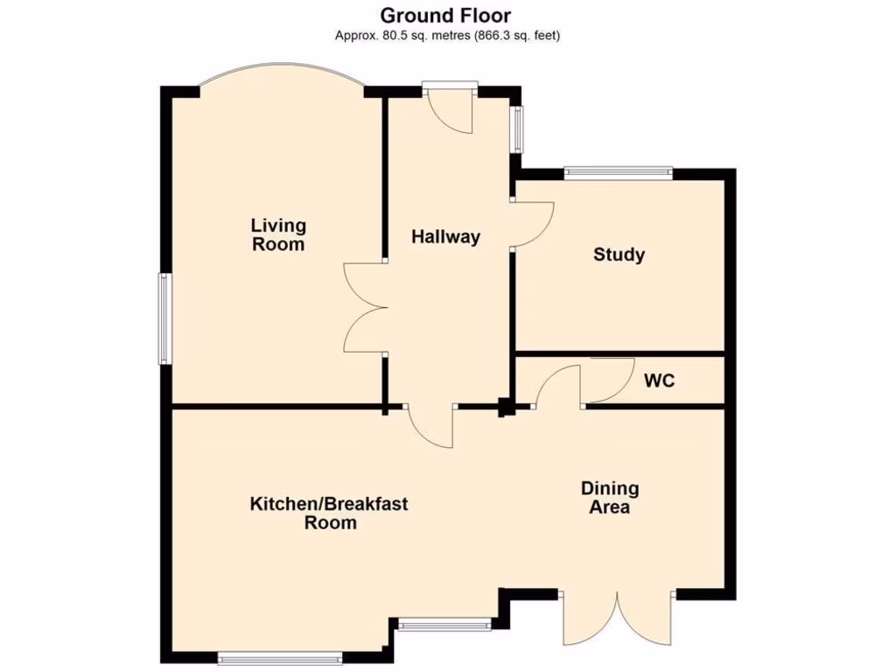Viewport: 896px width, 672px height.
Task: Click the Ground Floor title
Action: [446, 15]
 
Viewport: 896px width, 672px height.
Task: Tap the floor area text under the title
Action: [447, 36]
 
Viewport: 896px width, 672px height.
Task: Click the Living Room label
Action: [278, 234]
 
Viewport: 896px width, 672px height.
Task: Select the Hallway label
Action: [446, 236]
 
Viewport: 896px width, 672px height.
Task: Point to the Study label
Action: [619, 255]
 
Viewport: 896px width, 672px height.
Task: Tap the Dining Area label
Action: [610, 497]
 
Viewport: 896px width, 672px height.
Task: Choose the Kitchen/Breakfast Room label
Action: [329, 513]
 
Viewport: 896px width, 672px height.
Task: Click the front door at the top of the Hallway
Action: [451, 108]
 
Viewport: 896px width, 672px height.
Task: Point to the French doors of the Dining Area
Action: [618, 618]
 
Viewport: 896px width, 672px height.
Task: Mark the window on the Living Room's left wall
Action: [164, 318]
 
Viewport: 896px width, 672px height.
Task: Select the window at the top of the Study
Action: [619, 173]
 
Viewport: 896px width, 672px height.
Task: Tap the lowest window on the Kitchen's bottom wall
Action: [280, 657]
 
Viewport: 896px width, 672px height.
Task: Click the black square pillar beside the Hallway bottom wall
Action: [505, 407]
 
